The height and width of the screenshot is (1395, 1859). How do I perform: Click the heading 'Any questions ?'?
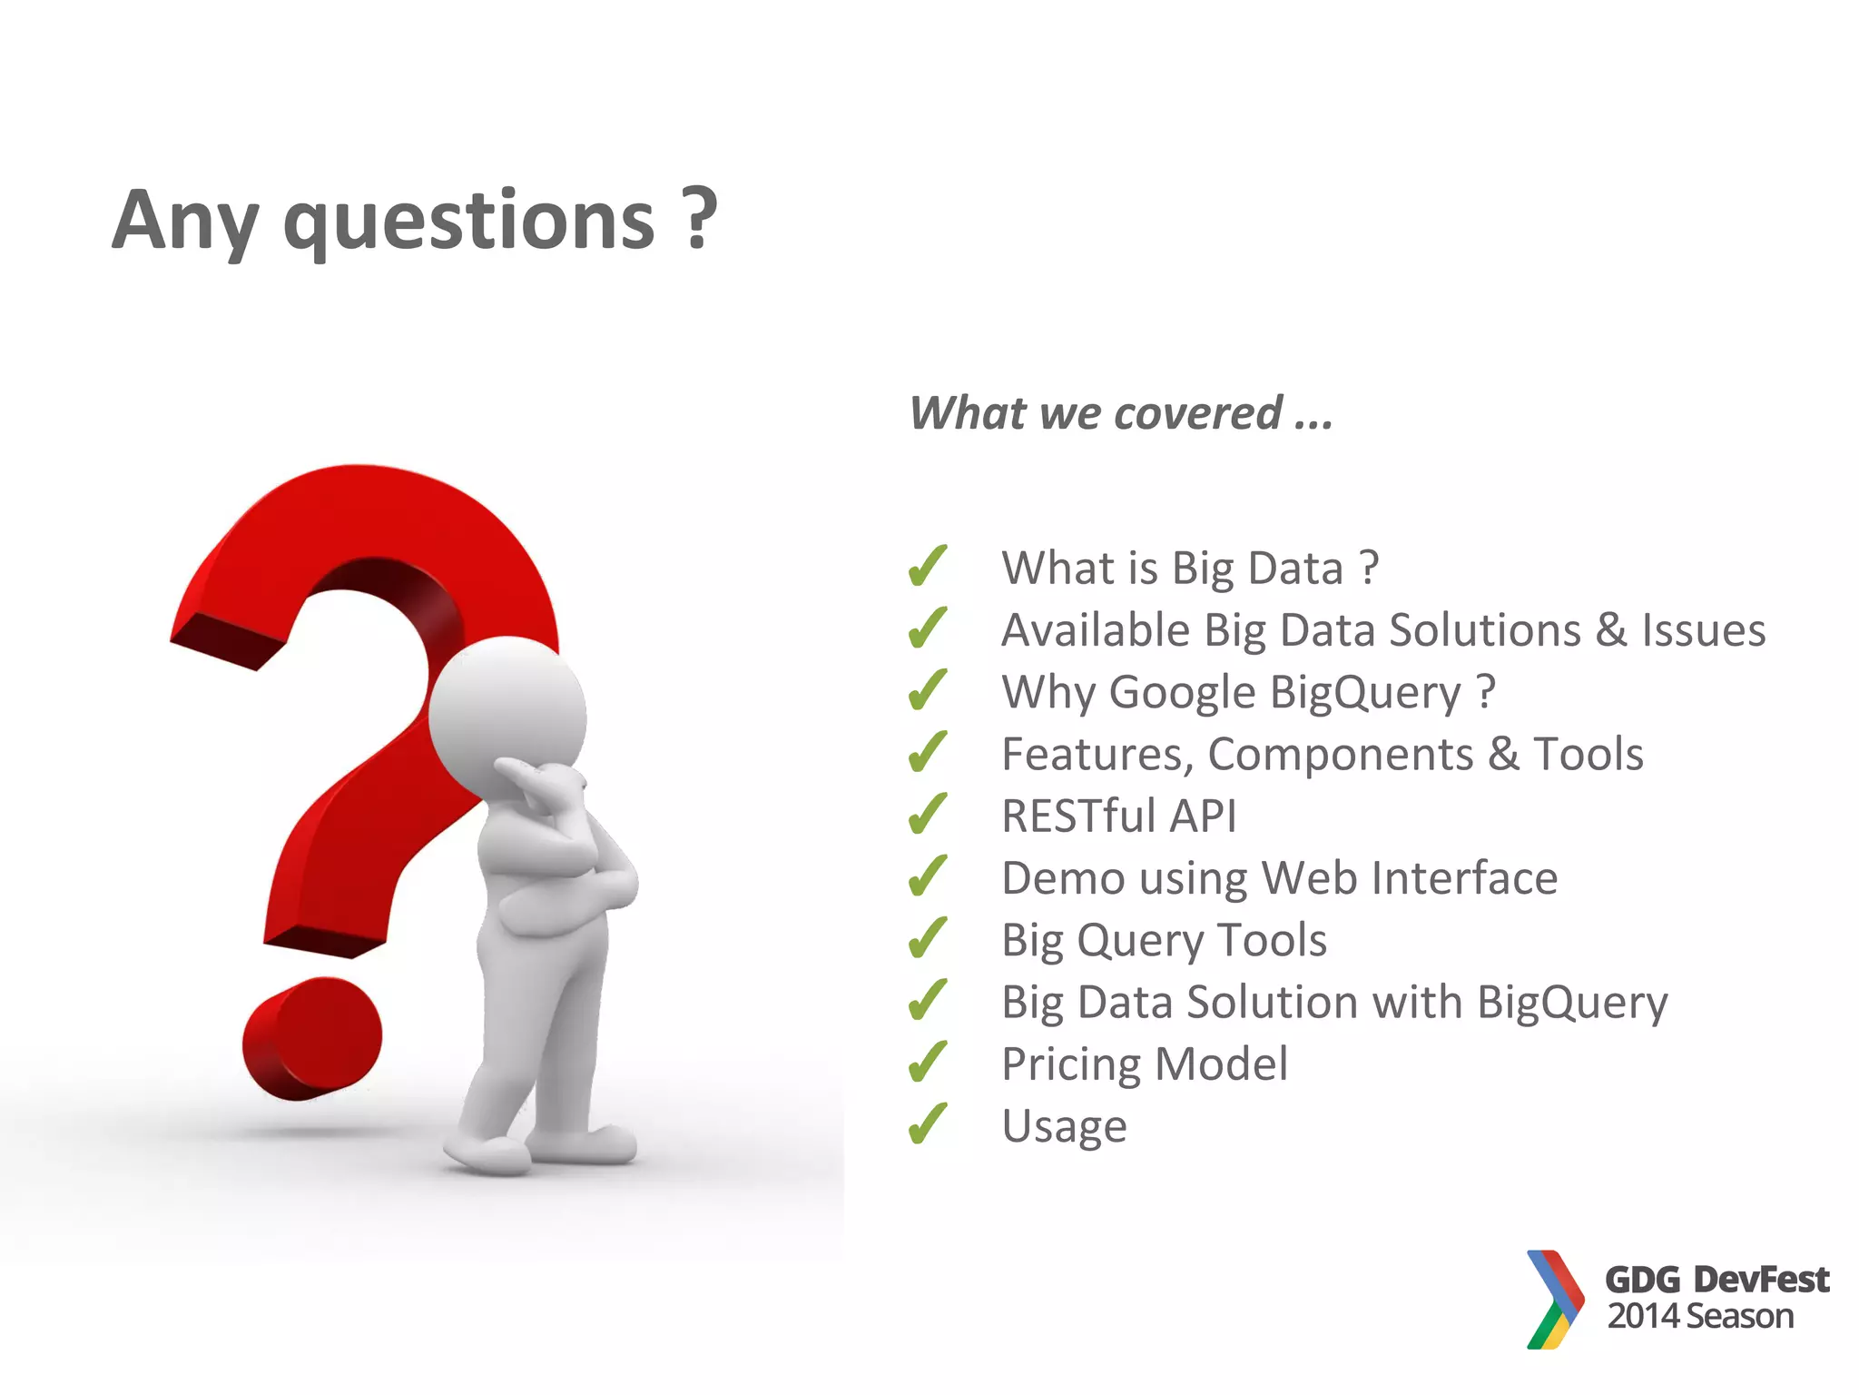[414, 221]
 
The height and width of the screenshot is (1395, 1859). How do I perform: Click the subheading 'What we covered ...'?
[1121, 414]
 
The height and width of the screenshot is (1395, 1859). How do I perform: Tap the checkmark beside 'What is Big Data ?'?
[928, 567]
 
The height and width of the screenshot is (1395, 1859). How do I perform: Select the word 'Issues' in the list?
[1703, 630]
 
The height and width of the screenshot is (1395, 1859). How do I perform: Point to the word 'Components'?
[1340, 755]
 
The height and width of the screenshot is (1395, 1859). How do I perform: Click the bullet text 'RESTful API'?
[1118, 816]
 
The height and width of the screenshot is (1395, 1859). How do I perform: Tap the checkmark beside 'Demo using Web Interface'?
[928, 877]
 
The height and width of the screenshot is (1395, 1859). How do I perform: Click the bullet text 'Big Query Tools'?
[1164, 941]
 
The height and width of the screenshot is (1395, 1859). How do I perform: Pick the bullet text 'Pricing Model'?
[1144, 1064]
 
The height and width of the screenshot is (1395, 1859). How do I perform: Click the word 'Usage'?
[1064, 1127]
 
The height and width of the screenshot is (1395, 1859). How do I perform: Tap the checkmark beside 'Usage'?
[928, 1124]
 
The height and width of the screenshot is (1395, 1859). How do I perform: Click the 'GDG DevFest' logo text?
[1716, 1280]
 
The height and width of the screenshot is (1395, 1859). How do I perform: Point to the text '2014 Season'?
[1700, 1316]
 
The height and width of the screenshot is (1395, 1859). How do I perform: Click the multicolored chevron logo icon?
[1555, 1300]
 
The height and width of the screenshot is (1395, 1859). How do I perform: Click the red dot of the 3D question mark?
[312, 1039]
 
